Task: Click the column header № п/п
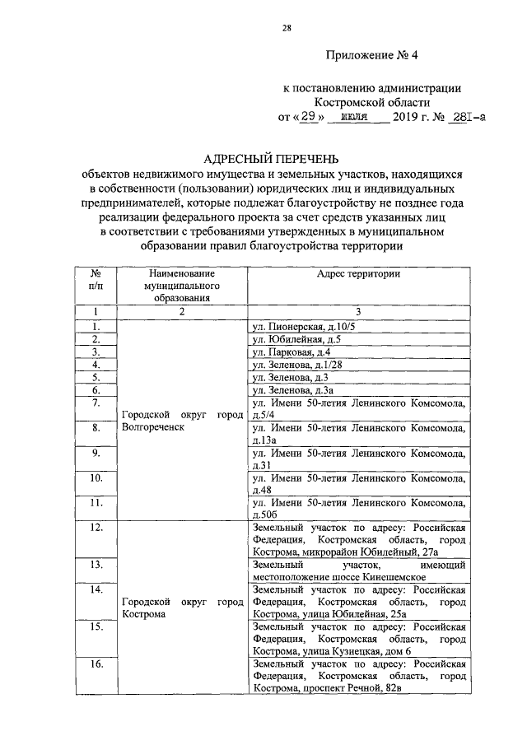[96, 279]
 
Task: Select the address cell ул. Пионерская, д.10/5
[302, 327]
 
